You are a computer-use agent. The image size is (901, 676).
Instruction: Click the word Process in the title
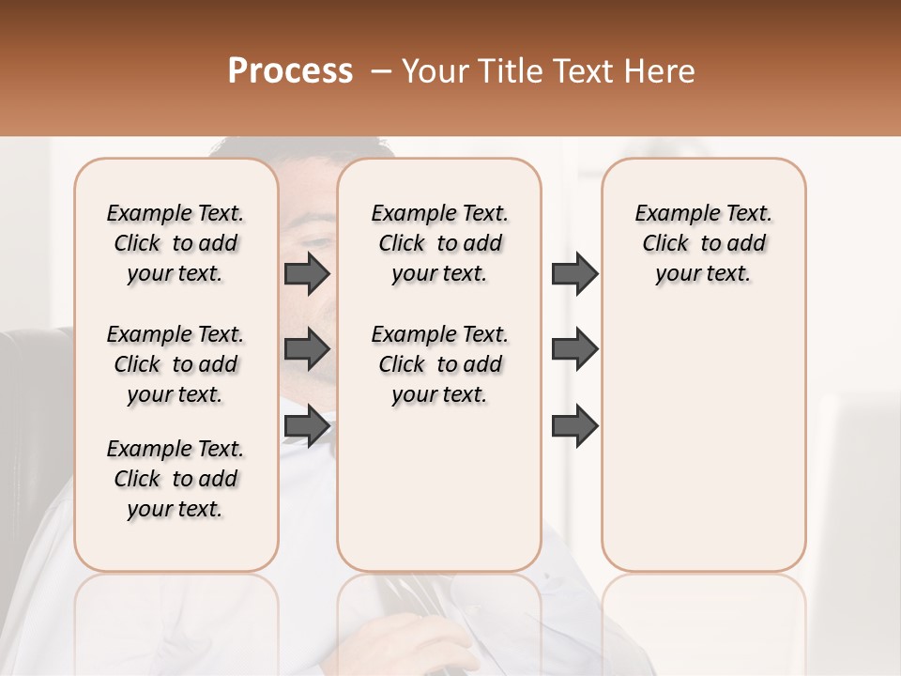(x=290, y=71)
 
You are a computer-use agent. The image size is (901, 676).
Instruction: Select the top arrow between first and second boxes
(x=307, y=273)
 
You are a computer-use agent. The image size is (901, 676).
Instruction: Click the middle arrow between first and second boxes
(x=307, y=350)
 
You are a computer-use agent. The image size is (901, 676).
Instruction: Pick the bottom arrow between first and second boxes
(x=307, y=425)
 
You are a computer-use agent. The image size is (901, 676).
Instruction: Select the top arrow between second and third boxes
(x=574, y=273)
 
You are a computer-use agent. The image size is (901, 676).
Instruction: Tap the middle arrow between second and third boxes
(x=574, y=350)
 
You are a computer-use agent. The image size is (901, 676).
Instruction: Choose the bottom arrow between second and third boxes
(x=574, y=425)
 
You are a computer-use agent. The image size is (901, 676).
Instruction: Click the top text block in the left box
(x=176, y=243)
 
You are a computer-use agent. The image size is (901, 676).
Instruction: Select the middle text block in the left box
(x=176, y=364)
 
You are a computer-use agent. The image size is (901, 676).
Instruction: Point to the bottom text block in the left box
(x=176, y=479)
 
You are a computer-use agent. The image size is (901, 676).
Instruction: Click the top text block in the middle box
(x=440, y=243)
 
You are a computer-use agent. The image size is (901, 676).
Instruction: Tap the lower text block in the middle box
(x=440, y=364)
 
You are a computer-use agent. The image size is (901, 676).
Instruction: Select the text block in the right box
(x=704, y=243)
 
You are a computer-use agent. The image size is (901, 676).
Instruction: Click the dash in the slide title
(x=381, y=72)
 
